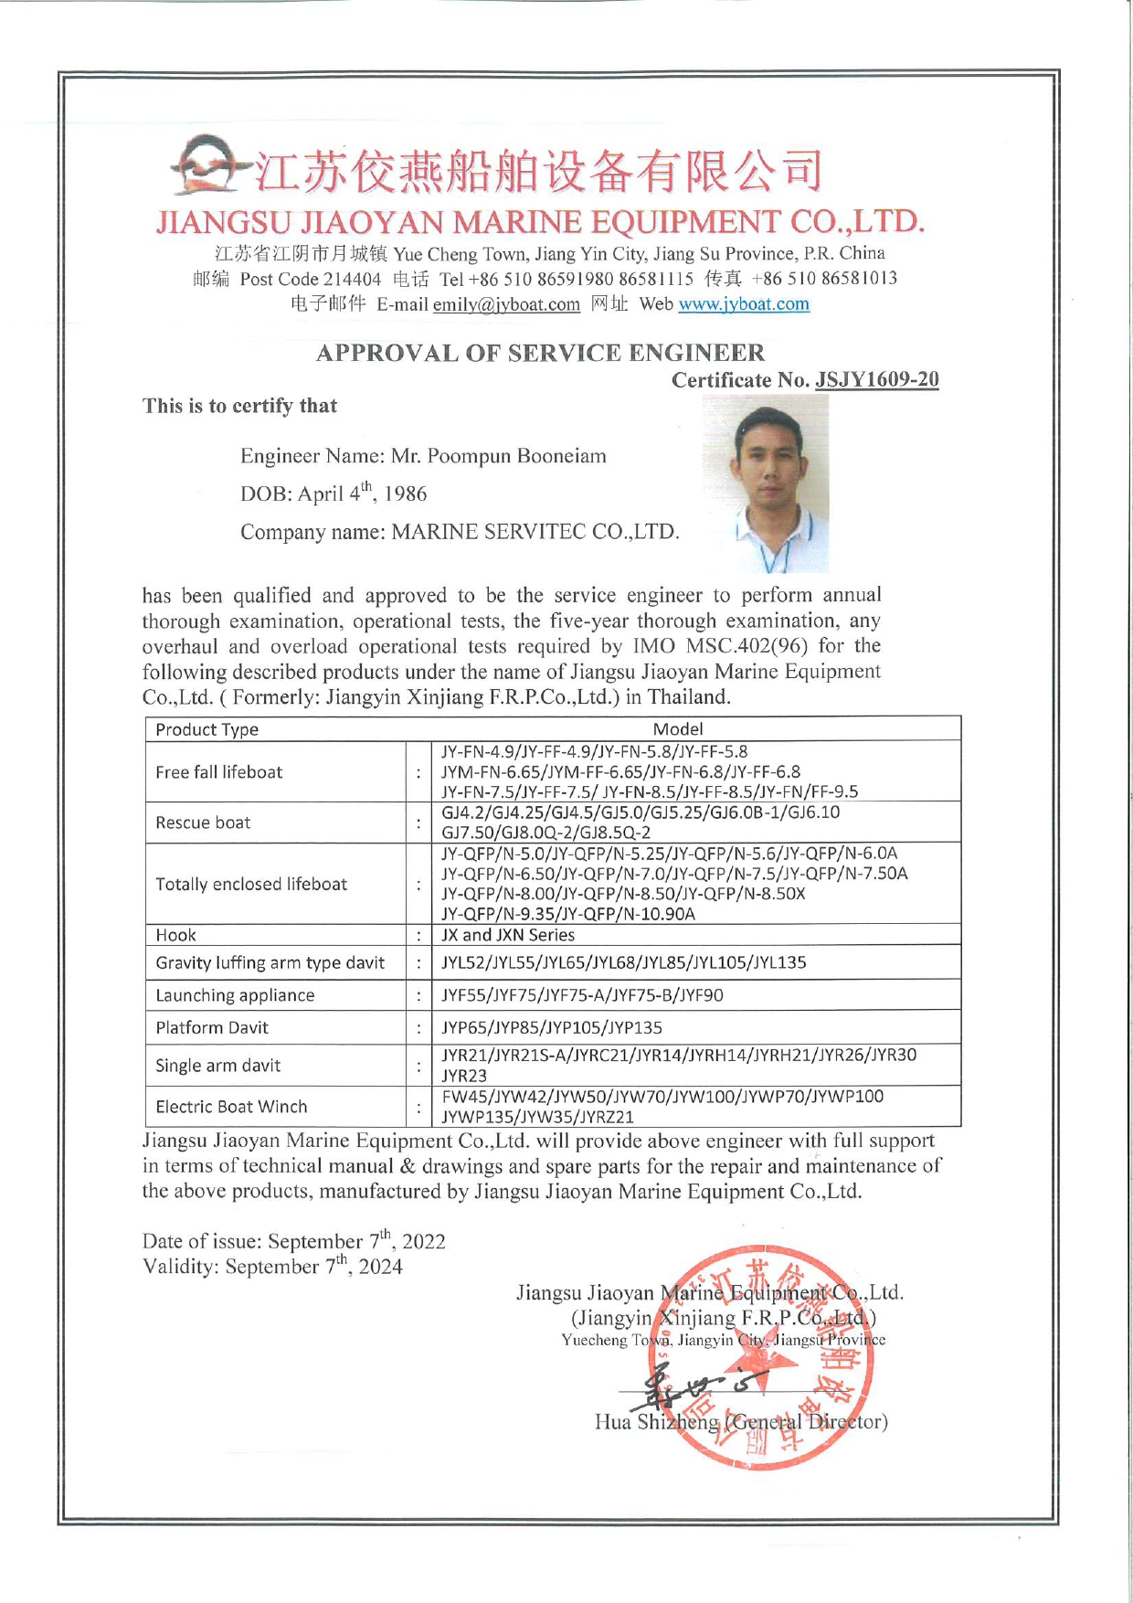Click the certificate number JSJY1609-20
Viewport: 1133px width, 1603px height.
(x=876, y=379)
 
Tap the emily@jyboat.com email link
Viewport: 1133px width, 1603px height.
(x=506, y=304)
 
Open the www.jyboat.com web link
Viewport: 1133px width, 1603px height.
(x=743, y=303)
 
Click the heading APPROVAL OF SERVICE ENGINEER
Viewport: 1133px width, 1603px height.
(x=540, y=353)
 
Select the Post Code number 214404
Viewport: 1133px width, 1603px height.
(x=352, y=279)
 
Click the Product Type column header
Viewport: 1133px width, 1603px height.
(x=206, y=729)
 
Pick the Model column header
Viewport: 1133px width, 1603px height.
(x=678, y=728)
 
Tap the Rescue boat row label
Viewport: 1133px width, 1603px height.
(x=203, y=823)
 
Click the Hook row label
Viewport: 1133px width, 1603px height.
(x=175, y=935)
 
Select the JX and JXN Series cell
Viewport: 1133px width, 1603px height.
(x=508, y=935)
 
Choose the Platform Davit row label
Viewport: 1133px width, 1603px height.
(x=212, y=1027)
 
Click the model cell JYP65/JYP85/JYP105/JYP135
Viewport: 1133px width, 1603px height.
(x=552, y=1027)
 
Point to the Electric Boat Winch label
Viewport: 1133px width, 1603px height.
(x=231, y=1107)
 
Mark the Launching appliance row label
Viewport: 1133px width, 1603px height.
(x=235, y=995)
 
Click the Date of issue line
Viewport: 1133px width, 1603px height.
(x=293, y=1241)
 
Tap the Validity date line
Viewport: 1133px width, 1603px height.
(x=272, y=1267)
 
